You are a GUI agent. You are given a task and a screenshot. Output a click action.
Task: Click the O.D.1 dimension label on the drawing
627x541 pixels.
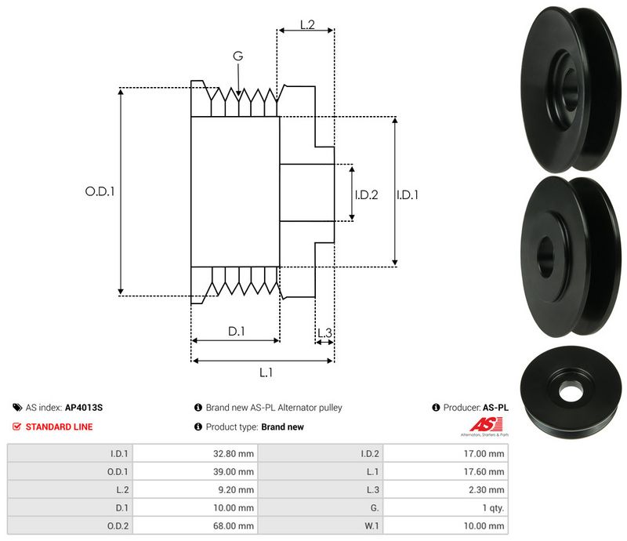[x=100, y=191]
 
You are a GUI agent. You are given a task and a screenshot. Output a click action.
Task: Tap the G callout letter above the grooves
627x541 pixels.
[x=237, y=56]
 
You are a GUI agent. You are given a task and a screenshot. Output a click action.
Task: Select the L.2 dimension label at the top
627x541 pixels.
[x=306, y=25]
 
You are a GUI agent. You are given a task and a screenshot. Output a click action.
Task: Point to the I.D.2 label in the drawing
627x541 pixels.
[x=366, y=194]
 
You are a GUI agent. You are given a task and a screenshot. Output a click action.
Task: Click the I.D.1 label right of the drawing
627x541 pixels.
[x=408, y=194]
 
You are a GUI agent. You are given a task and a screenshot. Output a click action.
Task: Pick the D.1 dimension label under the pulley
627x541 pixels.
[x=237, y=332]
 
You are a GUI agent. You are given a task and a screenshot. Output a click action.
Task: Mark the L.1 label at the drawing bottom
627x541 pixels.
[x=265, y=372]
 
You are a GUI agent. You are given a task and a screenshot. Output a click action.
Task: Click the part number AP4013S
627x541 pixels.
[x=84, y=408]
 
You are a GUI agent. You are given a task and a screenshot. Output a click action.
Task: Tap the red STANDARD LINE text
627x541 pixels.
[x=59, y=427]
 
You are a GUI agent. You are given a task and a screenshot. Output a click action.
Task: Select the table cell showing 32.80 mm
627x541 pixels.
[x=236, y=454]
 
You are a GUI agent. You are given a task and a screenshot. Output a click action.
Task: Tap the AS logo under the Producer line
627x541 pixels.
[x=483, y=427]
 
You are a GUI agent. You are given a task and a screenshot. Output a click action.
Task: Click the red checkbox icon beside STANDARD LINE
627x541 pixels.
[x=17, y=427]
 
